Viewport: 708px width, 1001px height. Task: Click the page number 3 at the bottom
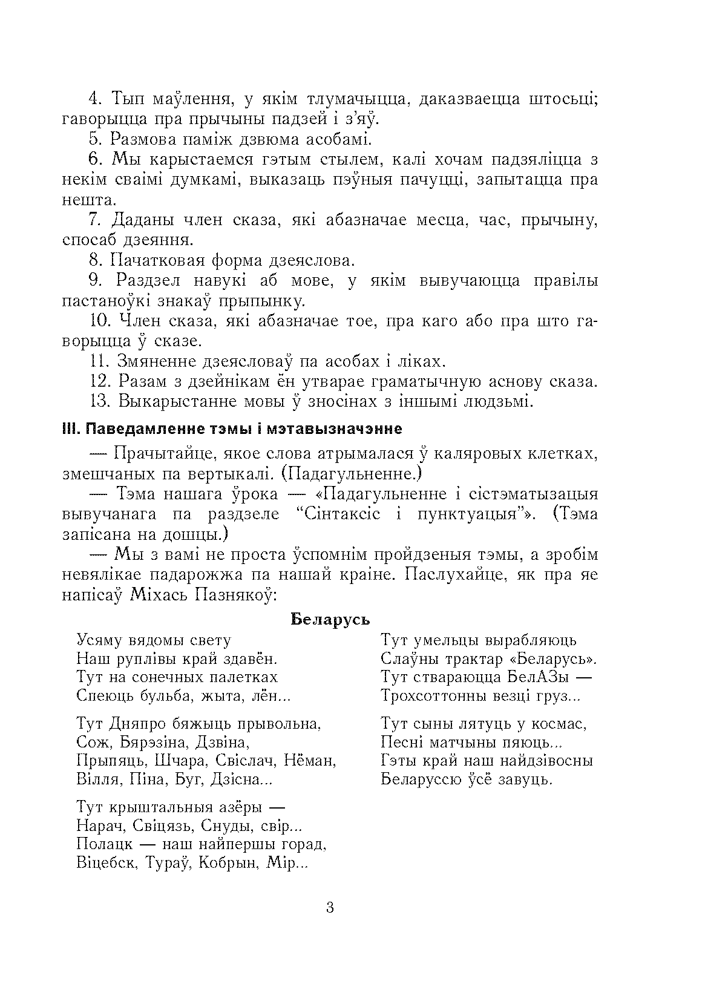(x=330, y=908)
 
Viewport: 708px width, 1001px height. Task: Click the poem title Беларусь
(x=330, y=620)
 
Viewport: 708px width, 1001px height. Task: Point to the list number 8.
(x=96, y=261)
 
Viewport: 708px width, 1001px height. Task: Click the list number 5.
(x=96, y=140)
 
